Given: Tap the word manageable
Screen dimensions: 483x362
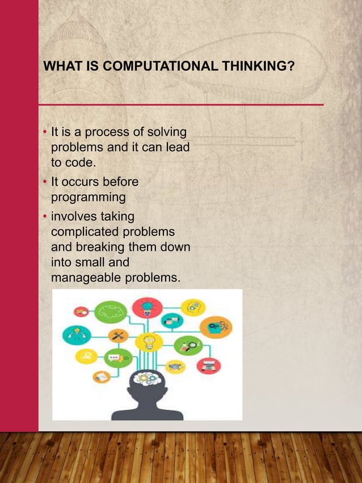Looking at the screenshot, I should click(85, 278).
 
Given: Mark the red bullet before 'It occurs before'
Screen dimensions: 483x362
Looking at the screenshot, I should click(46, 183).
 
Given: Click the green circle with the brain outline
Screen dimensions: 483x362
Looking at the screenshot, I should click(111, 311).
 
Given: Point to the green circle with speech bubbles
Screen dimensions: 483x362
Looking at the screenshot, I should click(118, 359).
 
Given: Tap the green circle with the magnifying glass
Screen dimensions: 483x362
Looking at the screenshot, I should click(187, 344).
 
